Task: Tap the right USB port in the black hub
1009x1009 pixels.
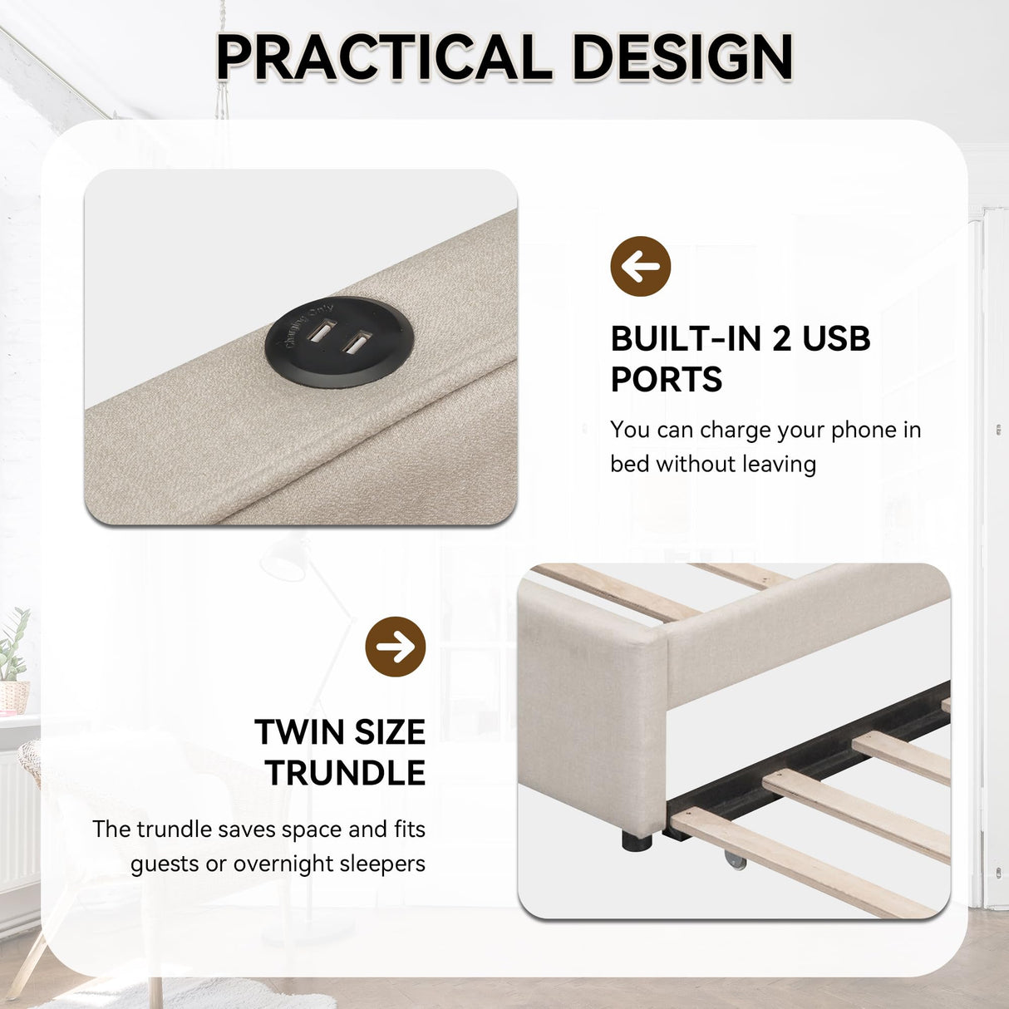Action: (357, 342)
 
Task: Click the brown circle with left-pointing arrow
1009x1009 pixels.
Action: (640, 267)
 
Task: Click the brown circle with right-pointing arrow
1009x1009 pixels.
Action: (396, 647)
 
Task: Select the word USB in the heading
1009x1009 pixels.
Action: (836, 338)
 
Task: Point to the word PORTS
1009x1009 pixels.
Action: (666, 380)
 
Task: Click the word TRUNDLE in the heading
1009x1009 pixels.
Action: (345, 773)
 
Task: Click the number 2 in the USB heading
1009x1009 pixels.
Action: (781, 338)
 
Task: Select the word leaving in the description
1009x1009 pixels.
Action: (779, 464)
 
